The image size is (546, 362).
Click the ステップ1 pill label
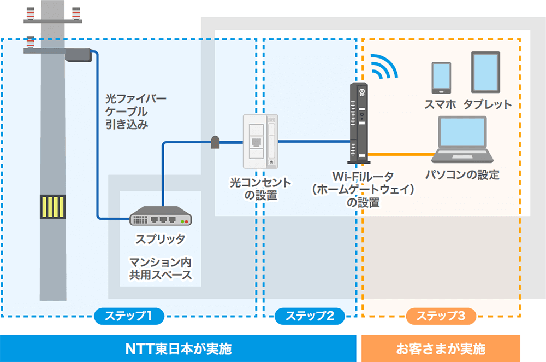pyautogui.click(x=129, y=316)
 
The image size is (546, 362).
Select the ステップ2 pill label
pyautogui.click(x=310, y=316)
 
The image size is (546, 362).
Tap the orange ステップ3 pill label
pyautogui.click(x=441, y=316)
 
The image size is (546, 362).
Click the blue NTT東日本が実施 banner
pyautogui.click(x=178, y=348)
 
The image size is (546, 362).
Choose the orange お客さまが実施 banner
pyautogui.click(x=441, y=348)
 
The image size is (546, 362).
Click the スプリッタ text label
pyautogui.click(x=161, y=239)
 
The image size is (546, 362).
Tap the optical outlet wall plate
pyautogui.click(x=260, y=141)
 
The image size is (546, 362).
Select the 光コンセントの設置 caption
pyautogui.click(x=260, y=188)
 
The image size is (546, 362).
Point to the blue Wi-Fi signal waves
pyautogui.click(x=384, y=66)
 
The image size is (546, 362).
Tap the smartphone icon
pyautogui.click(x=441, y=77)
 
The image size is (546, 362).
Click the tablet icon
pyautogui.click(x=485, y=72)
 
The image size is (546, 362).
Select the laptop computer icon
pyautogui.click(x=462, y=139)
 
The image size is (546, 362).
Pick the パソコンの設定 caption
pyautogui.click(x=462, y=175)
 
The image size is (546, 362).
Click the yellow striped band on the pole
pyautogui.click(x=52, y=207)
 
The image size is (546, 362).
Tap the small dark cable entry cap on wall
pyautogui.click(x=215, y=142)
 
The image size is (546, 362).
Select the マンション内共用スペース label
pyautogui.click(x=161, y=268)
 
